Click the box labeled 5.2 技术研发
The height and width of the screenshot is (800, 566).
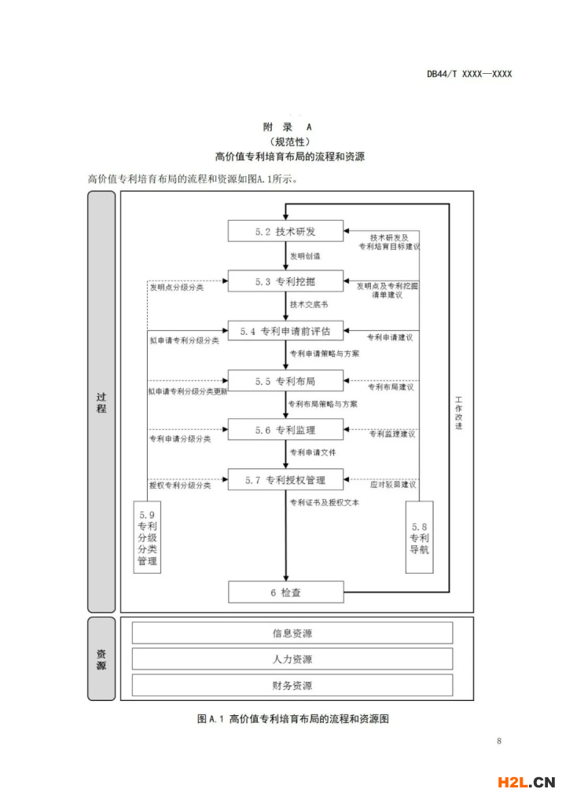(285, 231)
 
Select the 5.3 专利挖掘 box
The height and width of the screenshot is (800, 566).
(285, 281)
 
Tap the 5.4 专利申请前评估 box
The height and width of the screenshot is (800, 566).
(285, 331)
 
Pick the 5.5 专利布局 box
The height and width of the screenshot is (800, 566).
(285, 380)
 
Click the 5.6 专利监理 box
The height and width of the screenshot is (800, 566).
(285, 430)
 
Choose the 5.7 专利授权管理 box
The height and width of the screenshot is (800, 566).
(285, 479)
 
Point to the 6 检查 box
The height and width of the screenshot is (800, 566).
(285, 592)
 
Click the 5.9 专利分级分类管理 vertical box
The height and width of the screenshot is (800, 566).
(147, 537)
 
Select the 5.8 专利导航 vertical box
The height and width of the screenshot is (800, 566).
(420, 537)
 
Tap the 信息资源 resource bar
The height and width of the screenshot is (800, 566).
(292, 633)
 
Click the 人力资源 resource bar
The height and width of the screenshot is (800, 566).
(292, 659)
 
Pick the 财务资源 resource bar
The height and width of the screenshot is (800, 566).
(292, 685)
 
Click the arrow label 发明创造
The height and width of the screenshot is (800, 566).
(305, 256)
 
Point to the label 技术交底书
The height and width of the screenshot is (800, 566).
(309, 305)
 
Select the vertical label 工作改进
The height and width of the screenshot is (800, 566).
(459, 413)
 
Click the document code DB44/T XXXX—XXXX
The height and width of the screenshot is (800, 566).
(469, 74)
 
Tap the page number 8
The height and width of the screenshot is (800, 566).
(498, 741)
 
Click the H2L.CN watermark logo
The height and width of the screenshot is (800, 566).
(526, 782)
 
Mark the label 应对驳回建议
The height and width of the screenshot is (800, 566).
(392, 484)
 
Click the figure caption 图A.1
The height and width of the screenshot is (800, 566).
(210, 719)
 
